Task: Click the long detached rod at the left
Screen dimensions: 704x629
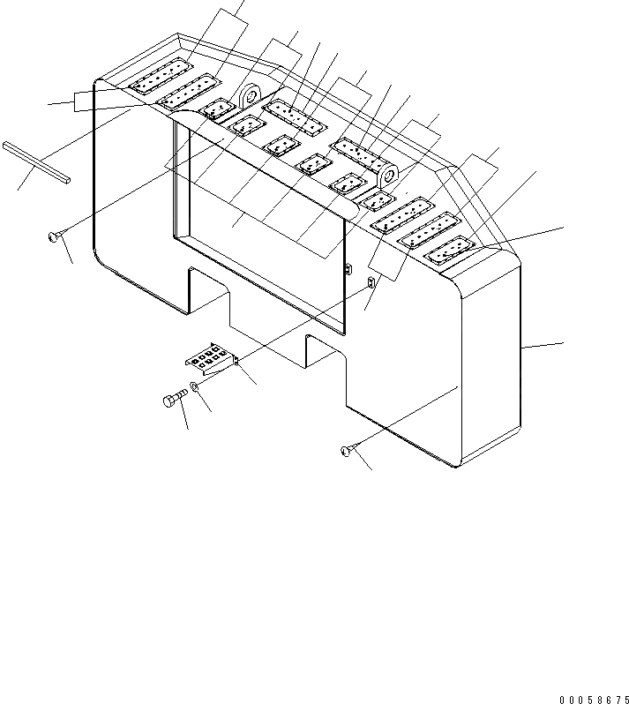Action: (35, 161)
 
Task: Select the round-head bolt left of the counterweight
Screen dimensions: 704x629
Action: (56, 236)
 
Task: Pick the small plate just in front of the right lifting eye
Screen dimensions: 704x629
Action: (375, 203)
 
